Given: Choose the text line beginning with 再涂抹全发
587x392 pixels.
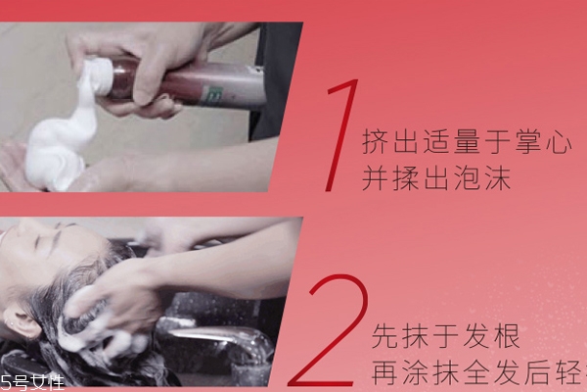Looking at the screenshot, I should pos(478,373).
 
